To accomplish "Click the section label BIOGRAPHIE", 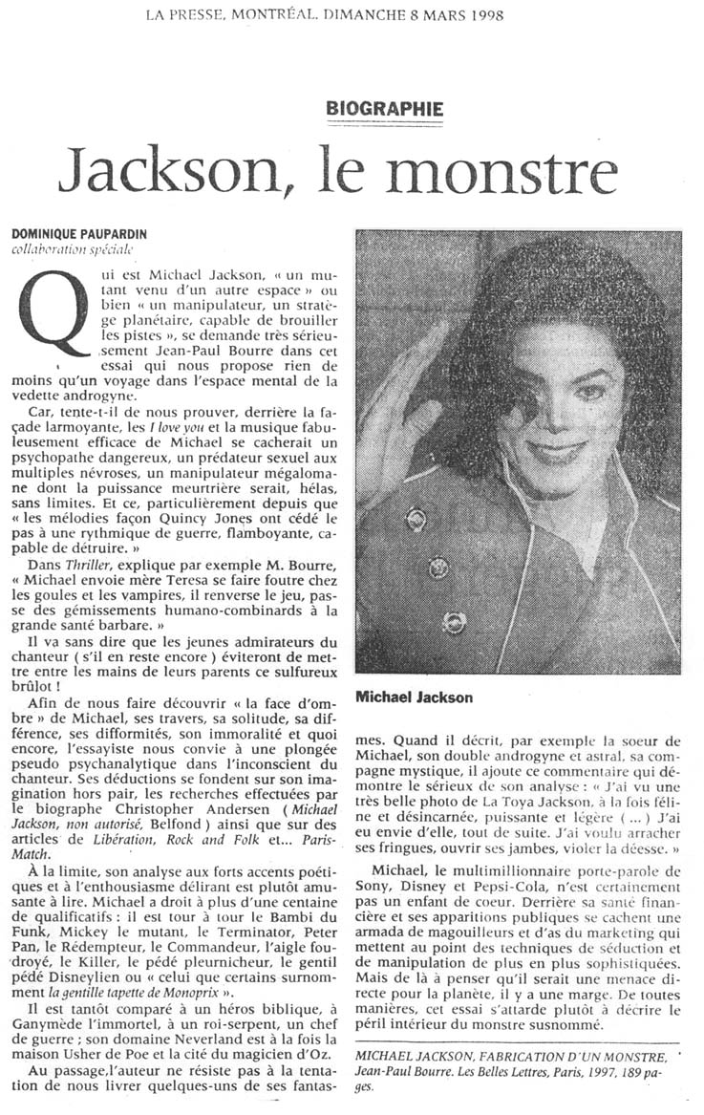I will point(385,109).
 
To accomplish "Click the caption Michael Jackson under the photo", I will point(414,698).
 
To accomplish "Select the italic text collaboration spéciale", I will point(73,250).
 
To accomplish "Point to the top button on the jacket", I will point(416,519).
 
